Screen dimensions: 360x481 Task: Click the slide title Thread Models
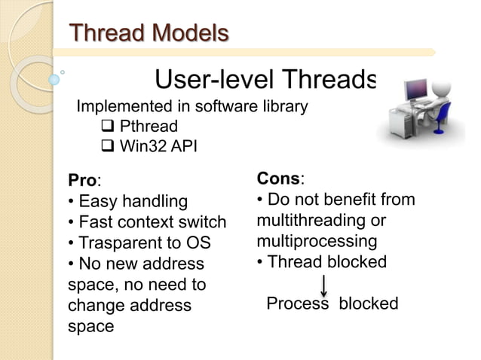(149, 33)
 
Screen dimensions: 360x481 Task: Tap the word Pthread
(149, 125)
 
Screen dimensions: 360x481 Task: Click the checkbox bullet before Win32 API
(107, 145)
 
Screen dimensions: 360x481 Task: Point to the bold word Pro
(82, 181)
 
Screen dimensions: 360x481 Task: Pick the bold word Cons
(278, 179)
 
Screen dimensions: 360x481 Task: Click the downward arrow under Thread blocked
(323, 285)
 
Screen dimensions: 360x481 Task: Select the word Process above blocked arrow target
(299, 304)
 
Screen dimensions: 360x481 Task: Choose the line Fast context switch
(146, 222)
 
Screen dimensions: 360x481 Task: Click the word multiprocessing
(317, 242)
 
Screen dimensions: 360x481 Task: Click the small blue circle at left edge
(54, 78)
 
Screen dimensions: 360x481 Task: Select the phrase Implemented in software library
(191, 106)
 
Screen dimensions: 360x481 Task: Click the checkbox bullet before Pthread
(107, 125)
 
